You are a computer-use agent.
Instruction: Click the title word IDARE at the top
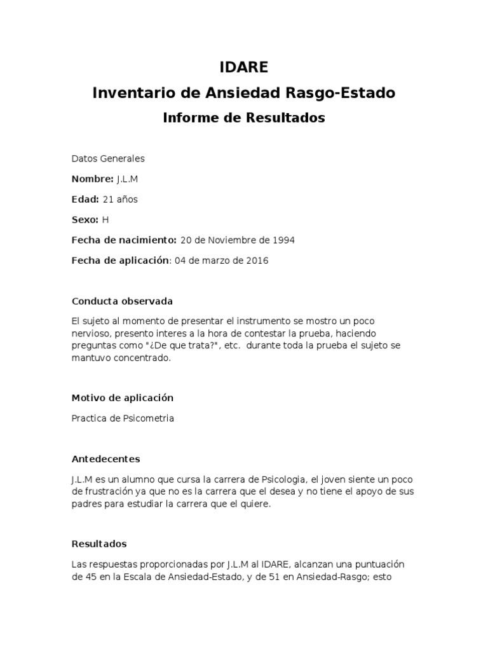[x=244, y=67]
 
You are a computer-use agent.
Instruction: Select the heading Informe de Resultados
[x=244, y=118]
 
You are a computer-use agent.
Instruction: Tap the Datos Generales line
[x=108, y=158]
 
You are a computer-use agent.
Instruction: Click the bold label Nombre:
[x=92, y=179]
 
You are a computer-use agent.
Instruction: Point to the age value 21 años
[x=119, y=199]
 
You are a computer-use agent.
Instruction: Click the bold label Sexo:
[x=85, y=219]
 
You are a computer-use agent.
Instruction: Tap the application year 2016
[x=255, y=261]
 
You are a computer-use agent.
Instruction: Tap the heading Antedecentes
[x=105, y=458]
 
